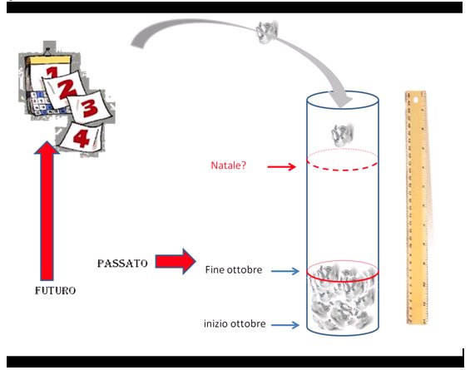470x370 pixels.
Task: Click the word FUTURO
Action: pos(56,290)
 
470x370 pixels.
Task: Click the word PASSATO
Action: pos(122,264)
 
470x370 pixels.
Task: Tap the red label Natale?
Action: pos(229,165)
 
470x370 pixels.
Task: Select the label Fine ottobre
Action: pos(234,269)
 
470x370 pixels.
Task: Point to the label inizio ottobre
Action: pos(235,323)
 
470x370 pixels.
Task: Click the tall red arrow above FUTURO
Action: pos(47,210)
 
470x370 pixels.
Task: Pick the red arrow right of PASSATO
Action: pos(176,261)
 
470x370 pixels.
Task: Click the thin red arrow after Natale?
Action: pos(282,166)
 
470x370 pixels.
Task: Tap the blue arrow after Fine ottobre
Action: pos(285,271)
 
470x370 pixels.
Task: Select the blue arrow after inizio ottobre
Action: pos(285,325)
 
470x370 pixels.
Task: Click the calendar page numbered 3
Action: pos(90,107)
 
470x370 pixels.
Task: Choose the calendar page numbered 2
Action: pos(64,89)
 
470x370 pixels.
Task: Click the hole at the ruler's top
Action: pos(415,100)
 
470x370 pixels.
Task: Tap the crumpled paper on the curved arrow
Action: pos(266,32)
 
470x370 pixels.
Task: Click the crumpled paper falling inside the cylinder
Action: pos(342,135)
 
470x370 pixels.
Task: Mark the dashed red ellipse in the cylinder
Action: pos(342,170)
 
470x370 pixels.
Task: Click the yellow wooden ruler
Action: pos(417,207)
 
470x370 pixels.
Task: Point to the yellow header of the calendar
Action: pos(49,60)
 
